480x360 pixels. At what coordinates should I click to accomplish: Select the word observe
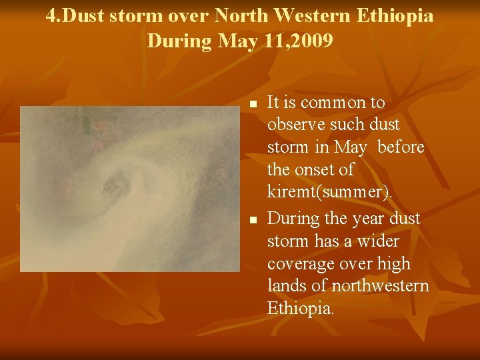[x=297, y=125]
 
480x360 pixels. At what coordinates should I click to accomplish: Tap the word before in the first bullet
[x=401, y=147]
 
